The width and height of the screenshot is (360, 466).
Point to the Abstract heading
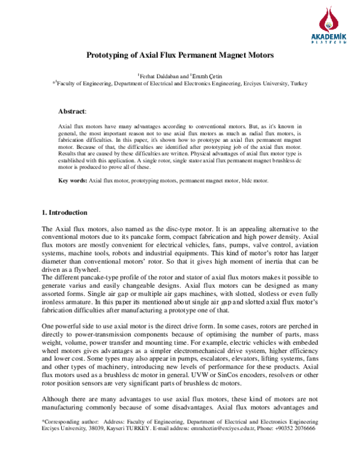72,112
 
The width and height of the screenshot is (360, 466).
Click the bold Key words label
72,180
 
